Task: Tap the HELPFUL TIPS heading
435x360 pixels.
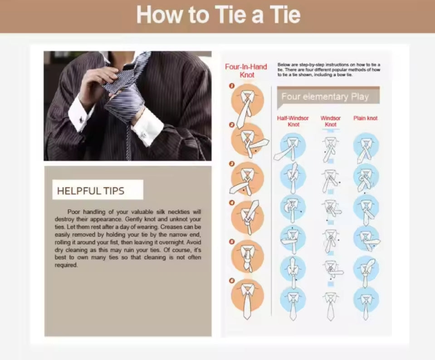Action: click(91, 191)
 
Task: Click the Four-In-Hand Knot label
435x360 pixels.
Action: click(246, 71)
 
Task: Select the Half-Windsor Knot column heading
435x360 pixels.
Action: click(293, 121)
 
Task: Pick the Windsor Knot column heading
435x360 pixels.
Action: click(330, 121)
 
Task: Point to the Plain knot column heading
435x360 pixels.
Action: click(365, 118)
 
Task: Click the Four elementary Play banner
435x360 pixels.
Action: click(328, 97)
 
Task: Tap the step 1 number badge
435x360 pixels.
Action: click(232, 86)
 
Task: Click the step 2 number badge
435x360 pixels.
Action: click(232, 125)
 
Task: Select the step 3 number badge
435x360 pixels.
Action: click(232, 164)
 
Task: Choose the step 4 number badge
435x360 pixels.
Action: click(232, 203)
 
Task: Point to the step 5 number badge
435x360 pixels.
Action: click(232, 242)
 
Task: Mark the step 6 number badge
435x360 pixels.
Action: click(232, 281)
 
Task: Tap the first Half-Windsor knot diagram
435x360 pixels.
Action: click(291, 147)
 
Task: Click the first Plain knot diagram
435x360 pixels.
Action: click(366, 147)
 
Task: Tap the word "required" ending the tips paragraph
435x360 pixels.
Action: click(66, 265)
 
